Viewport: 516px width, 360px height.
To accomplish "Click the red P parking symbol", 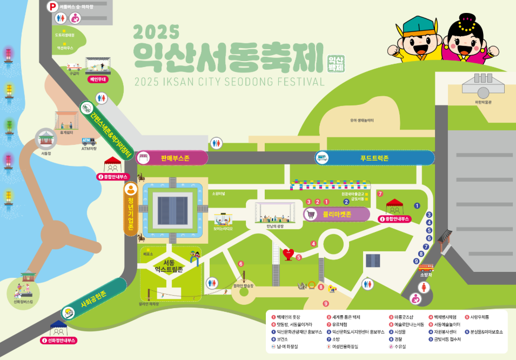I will [52, 6].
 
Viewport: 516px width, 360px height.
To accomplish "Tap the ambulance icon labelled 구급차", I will [73, 67].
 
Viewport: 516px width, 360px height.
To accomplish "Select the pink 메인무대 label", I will [97, 79].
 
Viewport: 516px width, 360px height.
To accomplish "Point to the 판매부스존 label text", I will [175, 158].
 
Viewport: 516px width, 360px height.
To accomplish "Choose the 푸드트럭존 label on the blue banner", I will [374, 158].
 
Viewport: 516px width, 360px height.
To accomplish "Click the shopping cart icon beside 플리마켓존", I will [311, 215].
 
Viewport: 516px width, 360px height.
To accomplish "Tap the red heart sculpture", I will [289, 254].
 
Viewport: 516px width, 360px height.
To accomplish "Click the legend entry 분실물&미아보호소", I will [485, 332].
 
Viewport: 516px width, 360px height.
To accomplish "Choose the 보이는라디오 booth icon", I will [223, 219].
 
